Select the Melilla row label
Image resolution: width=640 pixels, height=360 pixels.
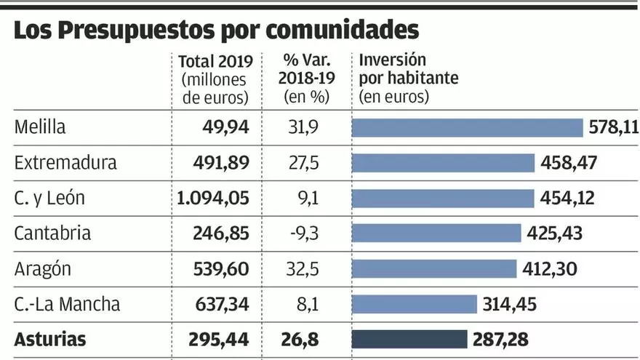[x=40, y=127]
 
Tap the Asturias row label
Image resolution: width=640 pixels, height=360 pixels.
[x=49, y=339]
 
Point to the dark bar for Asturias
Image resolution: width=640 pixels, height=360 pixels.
[x=409, y=339]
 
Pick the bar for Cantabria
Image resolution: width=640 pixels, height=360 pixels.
[x=436, y=233]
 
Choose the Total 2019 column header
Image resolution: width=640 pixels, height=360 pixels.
[x=214, y=79]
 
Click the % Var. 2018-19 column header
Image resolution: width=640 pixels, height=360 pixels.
[x=304, y=79]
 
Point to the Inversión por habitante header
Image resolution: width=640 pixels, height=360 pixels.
[x=409, y=78]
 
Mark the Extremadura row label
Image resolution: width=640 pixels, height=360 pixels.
[x=65, y=162]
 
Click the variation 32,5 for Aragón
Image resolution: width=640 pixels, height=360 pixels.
[x=304, y=268]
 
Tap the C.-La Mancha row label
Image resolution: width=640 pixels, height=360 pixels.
[x=67, y=303]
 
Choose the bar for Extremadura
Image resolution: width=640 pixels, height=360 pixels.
[x=443, y=163]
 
